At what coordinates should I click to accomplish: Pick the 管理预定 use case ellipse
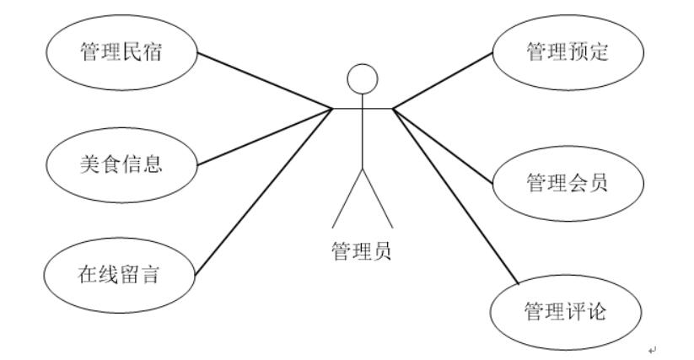pos(567,54)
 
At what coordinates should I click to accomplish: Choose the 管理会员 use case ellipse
pos(567,182)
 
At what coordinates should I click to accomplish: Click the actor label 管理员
pos(362,250)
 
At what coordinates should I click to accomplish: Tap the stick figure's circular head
pos(362,79)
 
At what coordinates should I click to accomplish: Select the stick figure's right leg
pos(376,197)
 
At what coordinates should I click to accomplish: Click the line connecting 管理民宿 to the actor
pos(263,81)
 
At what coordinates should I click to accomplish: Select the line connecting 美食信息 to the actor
pos(263,135)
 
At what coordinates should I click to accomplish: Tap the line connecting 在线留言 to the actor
pos(263,191)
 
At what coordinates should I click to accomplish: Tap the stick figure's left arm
pos(347,109)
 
